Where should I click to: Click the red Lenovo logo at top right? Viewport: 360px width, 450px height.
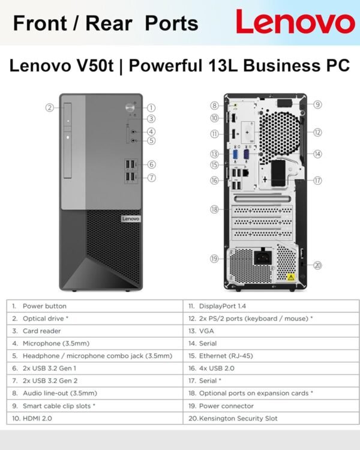click(295, 22)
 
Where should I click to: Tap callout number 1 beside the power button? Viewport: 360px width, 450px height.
click(152, 107)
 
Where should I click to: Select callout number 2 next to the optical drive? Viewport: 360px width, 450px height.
click(50, 107)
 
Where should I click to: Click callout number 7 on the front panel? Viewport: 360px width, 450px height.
click(152, 177)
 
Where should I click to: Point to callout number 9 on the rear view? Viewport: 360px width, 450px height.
click(317, 104)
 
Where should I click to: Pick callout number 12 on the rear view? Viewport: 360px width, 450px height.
click(317, 132)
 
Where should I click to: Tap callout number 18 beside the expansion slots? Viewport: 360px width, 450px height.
click(214, 209)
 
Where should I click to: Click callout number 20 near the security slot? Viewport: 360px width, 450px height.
click(317, 265)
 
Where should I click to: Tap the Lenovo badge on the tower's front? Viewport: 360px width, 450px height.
click(130, 219)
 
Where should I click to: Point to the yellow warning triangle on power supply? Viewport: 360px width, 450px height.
click(290, 277)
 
